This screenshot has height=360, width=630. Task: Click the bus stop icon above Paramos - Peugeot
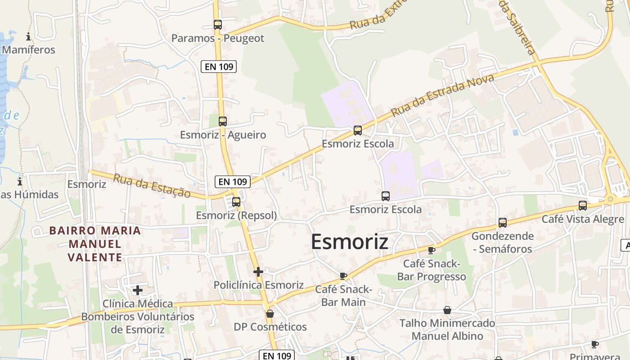click(x=218, y=25)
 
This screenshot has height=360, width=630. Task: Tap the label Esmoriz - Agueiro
click(x=223, y=135)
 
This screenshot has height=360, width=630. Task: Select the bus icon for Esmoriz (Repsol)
click(x=236, y=202)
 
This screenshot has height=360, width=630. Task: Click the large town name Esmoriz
click(x=350, y=242)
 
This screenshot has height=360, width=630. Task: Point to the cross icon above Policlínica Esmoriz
click(x=258, y=271)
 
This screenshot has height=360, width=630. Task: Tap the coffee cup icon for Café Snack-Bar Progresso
click(x=432, y=250)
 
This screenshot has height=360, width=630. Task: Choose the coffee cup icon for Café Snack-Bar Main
click(x=343, y=276)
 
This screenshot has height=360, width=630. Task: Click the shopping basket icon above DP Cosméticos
click(x=270, y=314)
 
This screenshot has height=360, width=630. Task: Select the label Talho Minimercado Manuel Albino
click(x=447, y=329)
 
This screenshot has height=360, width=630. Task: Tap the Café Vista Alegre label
click(x=583, y=219)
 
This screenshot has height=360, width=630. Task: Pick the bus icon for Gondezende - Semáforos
click(x=503, y=222)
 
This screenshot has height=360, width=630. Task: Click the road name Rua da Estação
click(x=152, y=185)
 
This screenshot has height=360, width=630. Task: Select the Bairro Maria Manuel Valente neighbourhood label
click(x=95, y=244)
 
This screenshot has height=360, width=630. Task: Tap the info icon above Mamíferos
click(x=29, y=36)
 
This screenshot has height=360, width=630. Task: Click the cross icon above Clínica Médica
click(x=138, y=290)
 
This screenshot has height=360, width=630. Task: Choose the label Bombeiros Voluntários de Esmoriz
click(x=138, y=323)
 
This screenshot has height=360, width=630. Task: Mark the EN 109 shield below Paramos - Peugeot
click(x=219, y=67)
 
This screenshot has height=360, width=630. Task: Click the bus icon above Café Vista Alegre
click(x=583, y=206)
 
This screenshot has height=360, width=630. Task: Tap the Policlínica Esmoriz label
click(x=258, y=285)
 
